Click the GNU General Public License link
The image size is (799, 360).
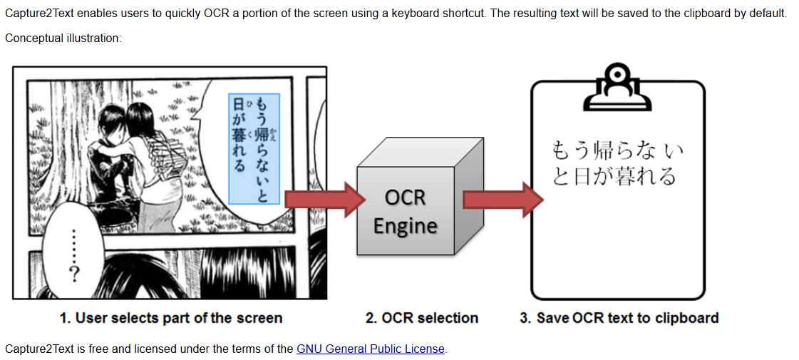370,349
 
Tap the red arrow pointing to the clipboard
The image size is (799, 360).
500,198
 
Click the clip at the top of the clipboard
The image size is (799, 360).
617,88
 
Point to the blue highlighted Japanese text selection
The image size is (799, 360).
254,149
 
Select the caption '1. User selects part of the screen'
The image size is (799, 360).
171,318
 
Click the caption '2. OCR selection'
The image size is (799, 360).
422,318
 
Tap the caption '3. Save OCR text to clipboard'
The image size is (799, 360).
619,318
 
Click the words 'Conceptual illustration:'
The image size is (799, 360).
63,38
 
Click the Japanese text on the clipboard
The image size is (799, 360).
617,163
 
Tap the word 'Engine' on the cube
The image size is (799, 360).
405,226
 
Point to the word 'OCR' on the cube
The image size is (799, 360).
405,197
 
